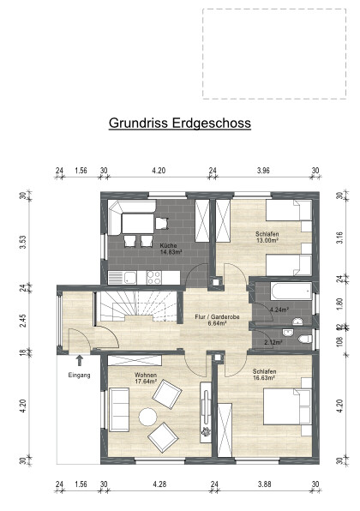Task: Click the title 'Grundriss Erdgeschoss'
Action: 179,123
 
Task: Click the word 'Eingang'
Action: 79,375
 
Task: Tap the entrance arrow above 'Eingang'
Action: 79,361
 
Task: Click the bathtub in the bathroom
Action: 282,291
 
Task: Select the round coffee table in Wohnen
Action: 148,417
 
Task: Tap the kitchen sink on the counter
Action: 129,277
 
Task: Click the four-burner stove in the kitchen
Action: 155,277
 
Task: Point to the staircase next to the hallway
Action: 124,305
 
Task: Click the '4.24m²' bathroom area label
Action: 279,310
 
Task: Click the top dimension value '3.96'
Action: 263,171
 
